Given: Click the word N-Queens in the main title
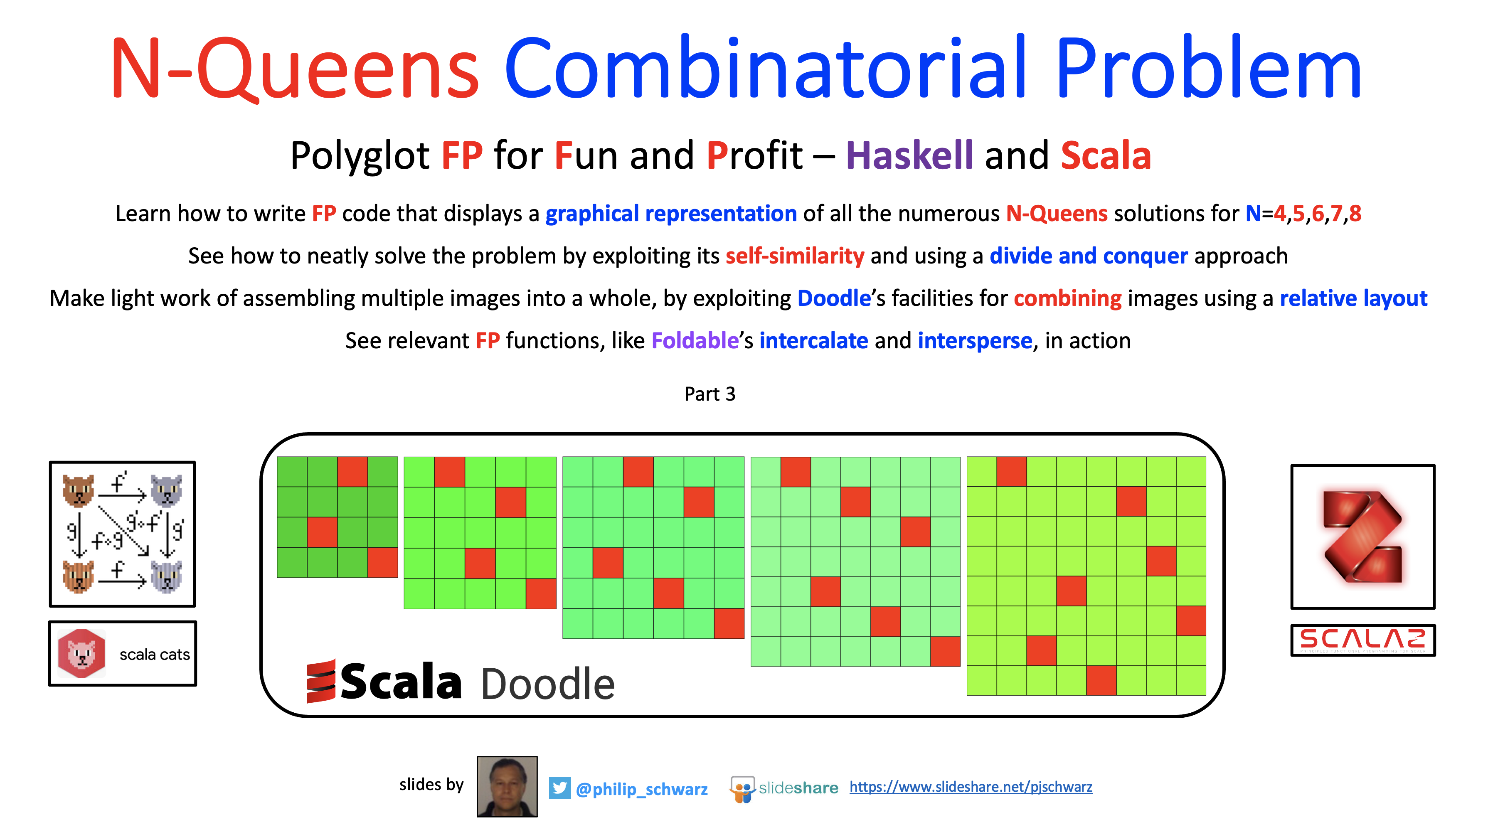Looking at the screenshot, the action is [x=295, y=68].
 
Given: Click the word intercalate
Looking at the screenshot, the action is [x=813, y=340].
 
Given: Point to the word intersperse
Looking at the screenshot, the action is [x=975, y=341].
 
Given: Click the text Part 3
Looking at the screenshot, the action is [x=710, y=394].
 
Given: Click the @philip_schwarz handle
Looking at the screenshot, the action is [x=641, y=789].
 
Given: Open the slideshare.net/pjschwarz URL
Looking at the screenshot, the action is [x=971, y=787].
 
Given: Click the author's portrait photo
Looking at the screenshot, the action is [x=507, y=786].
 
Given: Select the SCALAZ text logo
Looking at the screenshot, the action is [x=1362, y=640].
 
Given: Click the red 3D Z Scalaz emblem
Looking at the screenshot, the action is [x=1362, y=537].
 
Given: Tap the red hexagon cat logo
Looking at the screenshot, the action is [x=81, y=653].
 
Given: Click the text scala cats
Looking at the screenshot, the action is [x=154, y=655].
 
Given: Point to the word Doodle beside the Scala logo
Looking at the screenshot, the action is [x=547, y=683].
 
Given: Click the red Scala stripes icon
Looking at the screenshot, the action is [x=321, y=681].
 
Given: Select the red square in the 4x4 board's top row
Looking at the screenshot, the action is [x=352, y=472].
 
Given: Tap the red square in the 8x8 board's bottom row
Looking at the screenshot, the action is [x=1101, y=680].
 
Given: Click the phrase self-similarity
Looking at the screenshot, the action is [x=794, y=256].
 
